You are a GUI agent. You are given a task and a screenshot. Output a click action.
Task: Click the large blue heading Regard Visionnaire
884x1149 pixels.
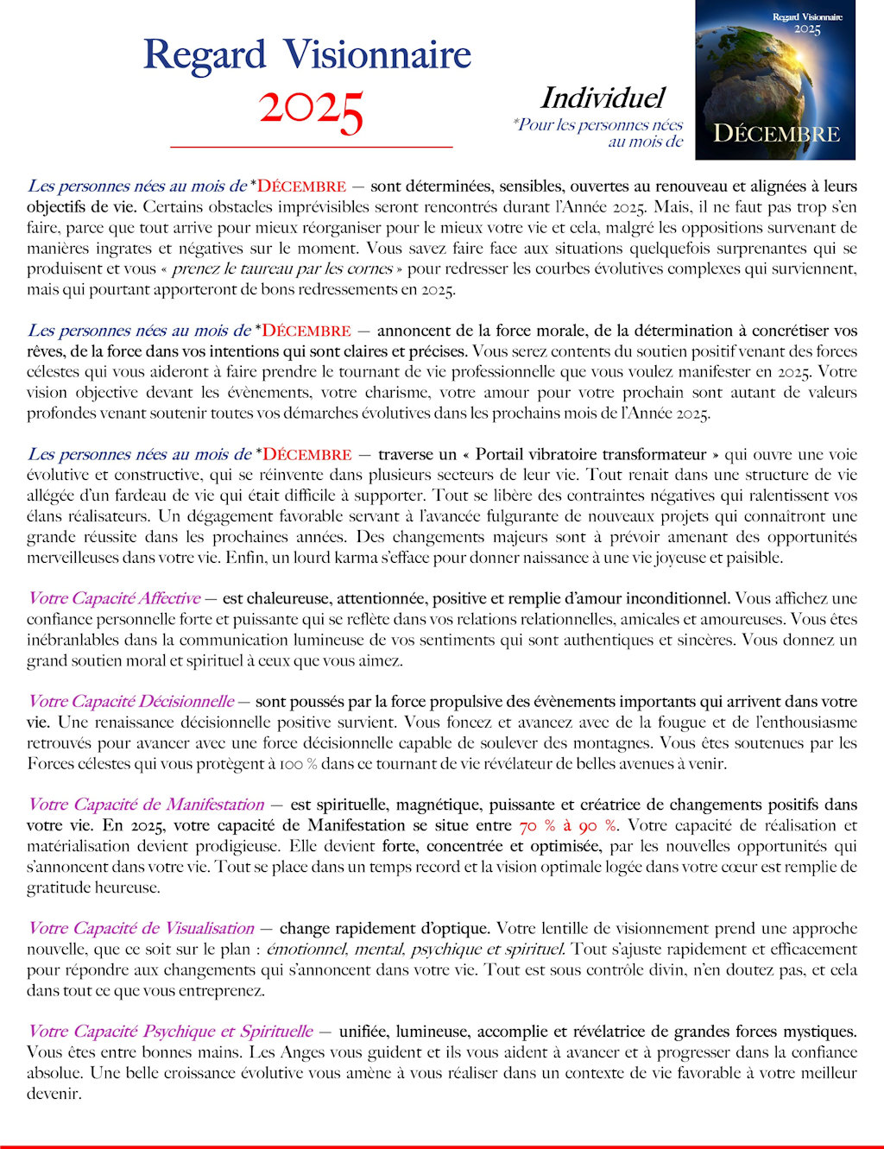pos(306,54)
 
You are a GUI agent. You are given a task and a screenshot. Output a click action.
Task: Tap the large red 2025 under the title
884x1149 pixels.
pos(311,110)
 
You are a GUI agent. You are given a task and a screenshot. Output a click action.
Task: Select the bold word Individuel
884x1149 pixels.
pos(603,98)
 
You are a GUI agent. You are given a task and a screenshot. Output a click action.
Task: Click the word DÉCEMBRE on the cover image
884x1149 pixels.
pos(776,134)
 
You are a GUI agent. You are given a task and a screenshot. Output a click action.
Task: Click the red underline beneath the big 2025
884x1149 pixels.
pos(311,148)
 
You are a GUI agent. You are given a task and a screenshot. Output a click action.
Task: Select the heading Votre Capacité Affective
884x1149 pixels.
pos(114,598)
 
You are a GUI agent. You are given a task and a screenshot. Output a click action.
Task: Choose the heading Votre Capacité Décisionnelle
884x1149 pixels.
pos(130,702)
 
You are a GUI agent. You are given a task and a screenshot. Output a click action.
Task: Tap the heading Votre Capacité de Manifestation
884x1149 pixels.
pos(146,805)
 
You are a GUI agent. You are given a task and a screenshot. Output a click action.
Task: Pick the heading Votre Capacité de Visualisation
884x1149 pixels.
pos(141,929)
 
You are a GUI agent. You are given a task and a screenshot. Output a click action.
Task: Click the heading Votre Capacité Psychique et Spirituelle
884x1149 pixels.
pos(170,1032)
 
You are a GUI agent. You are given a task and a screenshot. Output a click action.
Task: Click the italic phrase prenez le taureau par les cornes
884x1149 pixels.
pos(282,269)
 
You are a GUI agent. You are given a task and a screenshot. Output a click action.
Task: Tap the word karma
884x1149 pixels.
pos(355,558)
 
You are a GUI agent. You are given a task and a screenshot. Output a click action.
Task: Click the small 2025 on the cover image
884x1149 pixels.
pos(807,30)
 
